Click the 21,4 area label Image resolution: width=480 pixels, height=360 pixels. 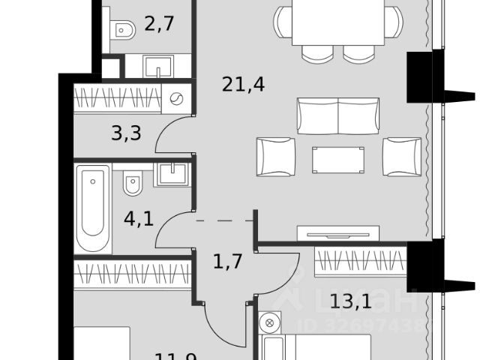(x=243, y=85)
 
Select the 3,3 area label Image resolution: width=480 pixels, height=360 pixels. (x=125, y=135)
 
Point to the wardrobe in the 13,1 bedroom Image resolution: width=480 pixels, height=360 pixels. (x=359, y=261)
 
